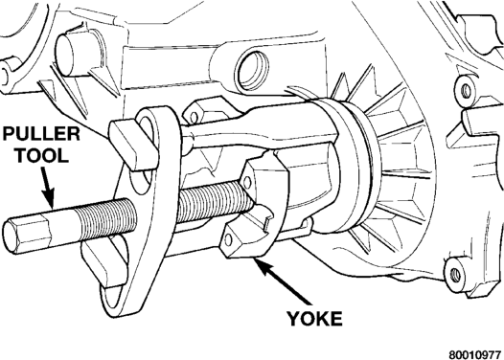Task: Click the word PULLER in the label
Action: tap(41, 134)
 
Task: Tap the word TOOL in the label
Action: tap(42, 155)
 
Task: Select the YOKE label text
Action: tap(314, 319)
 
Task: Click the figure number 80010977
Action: tap(475, 354)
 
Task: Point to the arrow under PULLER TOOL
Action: tap(48, 188)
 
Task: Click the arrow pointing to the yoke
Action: tap(284, 281)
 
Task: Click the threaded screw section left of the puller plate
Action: tap(107, 218)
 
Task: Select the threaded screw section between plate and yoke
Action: tap(213, 202)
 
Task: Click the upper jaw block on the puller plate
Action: tap(133, 144)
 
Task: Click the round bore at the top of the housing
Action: tap(252, 71)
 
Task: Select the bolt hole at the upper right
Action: tap(466, 91)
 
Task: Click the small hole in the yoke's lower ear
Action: tap(229, 239)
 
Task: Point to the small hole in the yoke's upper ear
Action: tap(247, 183)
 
